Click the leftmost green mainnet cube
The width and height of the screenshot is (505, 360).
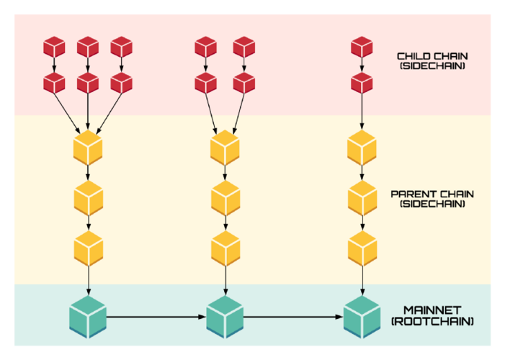(x=88, y=315)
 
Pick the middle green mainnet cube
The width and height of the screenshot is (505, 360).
(x=225, y=315)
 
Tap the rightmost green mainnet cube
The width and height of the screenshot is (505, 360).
(x=362, y=315)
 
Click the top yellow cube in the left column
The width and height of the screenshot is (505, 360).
(x=88, y=148)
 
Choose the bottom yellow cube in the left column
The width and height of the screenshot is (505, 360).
(x=88, y=248)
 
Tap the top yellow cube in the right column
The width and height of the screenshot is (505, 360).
(x=362, y=148)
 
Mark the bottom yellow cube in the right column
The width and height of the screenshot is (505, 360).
(x=362, y=248)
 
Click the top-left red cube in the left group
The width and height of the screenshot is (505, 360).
(x=54, y=48)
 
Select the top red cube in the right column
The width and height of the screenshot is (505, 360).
(x=362, y=48)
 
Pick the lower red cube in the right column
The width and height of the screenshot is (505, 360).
(x=362, y=84)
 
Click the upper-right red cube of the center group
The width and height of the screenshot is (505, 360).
(x=244, y=48)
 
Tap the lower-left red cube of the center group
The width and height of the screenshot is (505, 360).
(x=205, y=84)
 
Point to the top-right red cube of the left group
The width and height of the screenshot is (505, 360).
(x=122, y=48)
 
